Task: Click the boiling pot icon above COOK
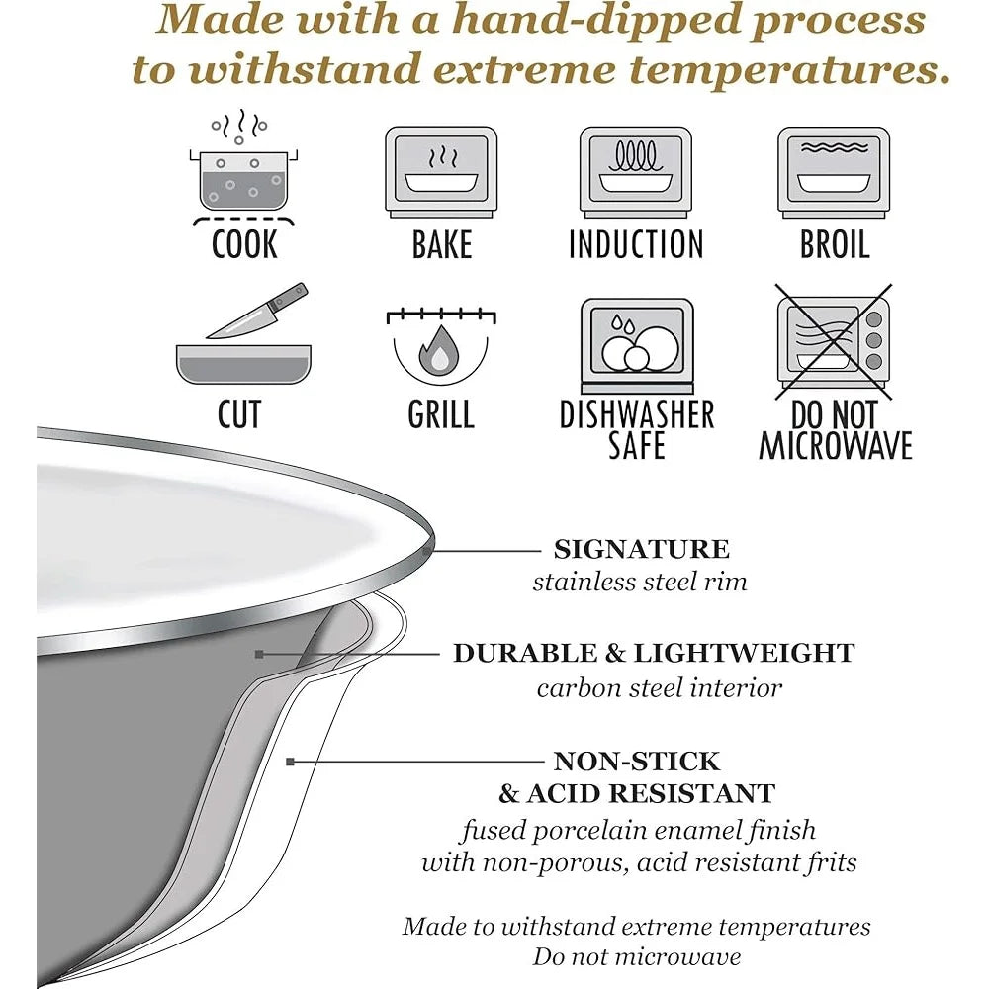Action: (243, 168)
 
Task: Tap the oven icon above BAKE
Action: (441, 172)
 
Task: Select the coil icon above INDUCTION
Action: (636, 172)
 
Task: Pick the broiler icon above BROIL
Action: (834, 172)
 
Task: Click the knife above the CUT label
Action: (257, 311)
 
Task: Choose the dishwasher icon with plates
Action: (637, 345)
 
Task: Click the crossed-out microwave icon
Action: (834, 341)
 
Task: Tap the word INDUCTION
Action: (636, 244)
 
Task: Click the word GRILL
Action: (441, 414)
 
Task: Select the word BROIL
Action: (835, 244)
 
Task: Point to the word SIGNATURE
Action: (642, 549)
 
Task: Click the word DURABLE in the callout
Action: (525, 653)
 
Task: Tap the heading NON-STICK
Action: (636, 762)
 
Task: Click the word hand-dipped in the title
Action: (596, 19)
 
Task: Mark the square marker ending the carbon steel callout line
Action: (258, 654)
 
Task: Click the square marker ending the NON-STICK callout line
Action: (290, 762)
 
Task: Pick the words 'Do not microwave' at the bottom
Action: (636, 956)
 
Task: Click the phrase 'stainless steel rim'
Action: (640, 582)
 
